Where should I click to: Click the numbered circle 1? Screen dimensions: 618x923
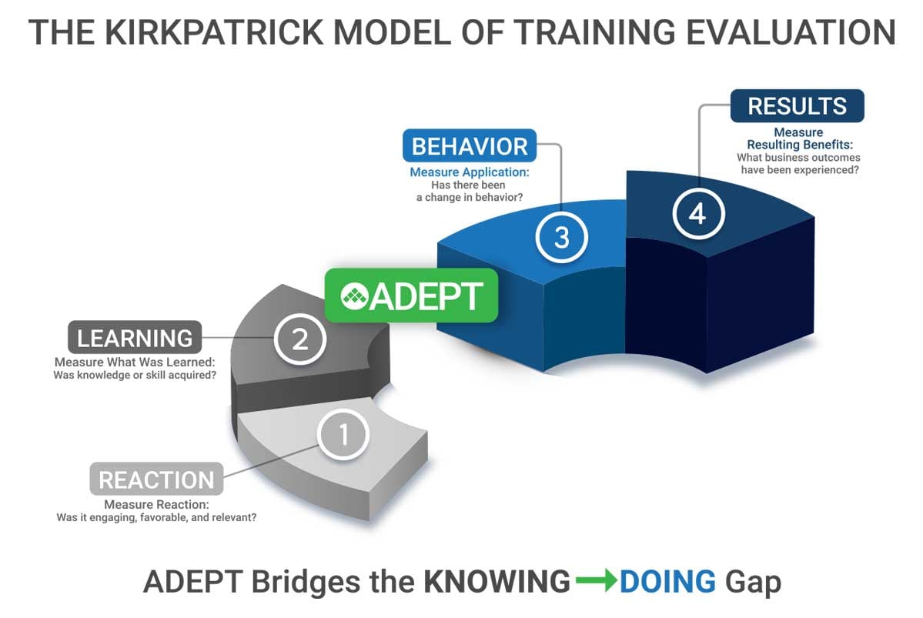pyautogui.click(x=343, y=436)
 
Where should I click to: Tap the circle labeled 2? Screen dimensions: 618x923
pyautogui.click(x=299, y=339)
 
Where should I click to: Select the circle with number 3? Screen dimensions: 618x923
pyautogui.click(x=561, y=237)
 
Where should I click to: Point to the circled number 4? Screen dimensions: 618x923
pyautogui.click(x=697, y=213)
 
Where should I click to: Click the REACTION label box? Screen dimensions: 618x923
pyautogui.click(x=156, y=479)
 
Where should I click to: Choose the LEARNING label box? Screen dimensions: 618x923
pyautogui.click(x=135, y=338)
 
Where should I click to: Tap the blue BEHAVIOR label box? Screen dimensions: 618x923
pyautogui.click(x=470, y=146)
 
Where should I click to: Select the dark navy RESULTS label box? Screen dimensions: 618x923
pyautogui.click(x=797, y=106)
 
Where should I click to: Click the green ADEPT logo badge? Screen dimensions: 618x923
pyautogui.click(x=411, y=296)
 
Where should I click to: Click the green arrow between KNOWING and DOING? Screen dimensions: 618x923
pyautogui.click(x=595, y=581)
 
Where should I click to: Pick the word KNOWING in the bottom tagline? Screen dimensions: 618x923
pyautogui.click(x=497, y=582)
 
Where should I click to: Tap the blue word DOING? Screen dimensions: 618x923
pyautogui.click(x=667, y=582)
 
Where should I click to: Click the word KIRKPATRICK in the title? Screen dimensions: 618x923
pyautogui.click(x=218, y=32)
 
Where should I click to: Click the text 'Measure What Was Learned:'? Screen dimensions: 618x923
pyautogui.click(x=134, y=362)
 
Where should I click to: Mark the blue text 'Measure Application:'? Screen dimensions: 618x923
pyautogui.click(x=469, y=172)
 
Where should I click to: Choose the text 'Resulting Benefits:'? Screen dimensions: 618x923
pyautogui.click(x=798, y=145)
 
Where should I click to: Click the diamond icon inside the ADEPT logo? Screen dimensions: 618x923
pyautogui.click(x=353, y=296)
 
